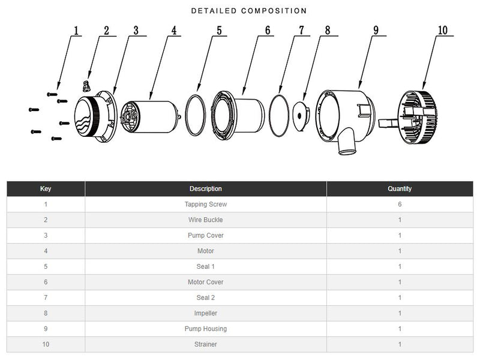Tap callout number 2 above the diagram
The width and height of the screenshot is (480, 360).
[106, 31]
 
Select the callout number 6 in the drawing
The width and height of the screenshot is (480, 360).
[267, 31]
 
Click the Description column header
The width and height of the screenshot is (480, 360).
[206, 189]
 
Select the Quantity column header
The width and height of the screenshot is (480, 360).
[400, 189]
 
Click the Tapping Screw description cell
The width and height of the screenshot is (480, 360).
[206, 205]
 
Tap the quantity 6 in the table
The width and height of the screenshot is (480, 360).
[400, 205]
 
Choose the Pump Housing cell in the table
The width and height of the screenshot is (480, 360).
[206, 329]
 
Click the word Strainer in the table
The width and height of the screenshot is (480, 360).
[206, 344]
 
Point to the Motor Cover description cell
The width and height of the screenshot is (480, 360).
[206, 282]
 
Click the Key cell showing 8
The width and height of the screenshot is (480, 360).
[46, 313]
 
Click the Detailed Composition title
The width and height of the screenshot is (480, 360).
[248, 11]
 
